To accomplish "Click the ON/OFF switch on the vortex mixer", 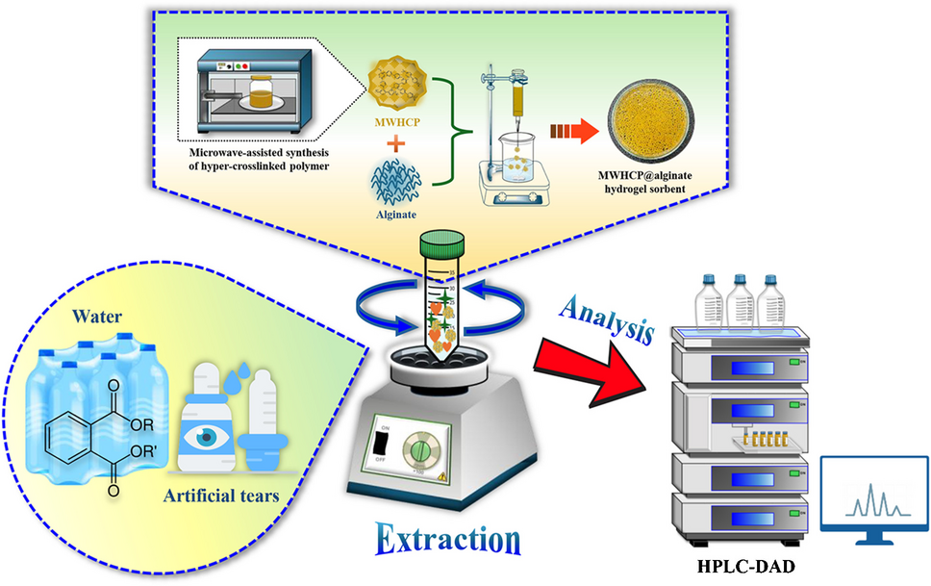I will [x=383, y=444].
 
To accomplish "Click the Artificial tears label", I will [x=222, y=497].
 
